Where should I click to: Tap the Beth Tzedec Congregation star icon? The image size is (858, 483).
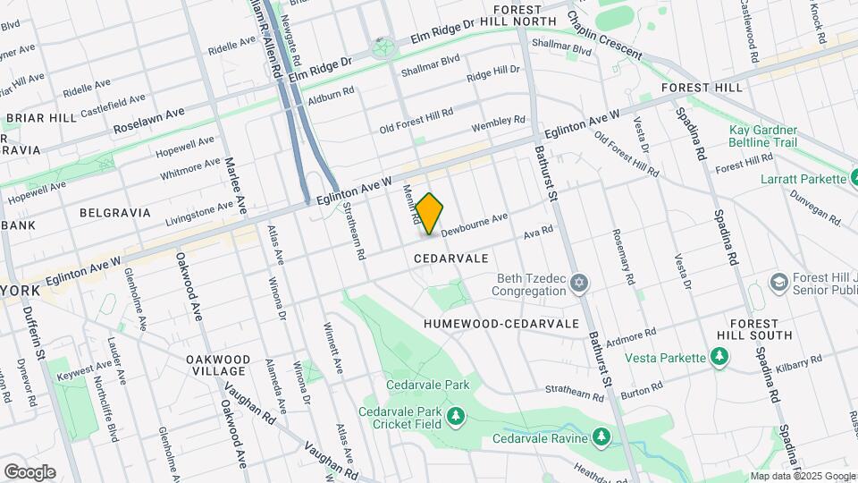[x=579, y=284]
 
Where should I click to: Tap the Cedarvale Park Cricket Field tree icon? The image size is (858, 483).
[x=457, y=417]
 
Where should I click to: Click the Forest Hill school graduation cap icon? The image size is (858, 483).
[x=779, y=283]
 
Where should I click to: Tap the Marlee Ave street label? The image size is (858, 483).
[x=235, y=185]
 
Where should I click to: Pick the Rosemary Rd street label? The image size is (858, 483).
[x=622, y=256]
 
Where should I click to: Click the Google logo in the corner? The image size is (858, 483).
[x=29, y=471]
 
